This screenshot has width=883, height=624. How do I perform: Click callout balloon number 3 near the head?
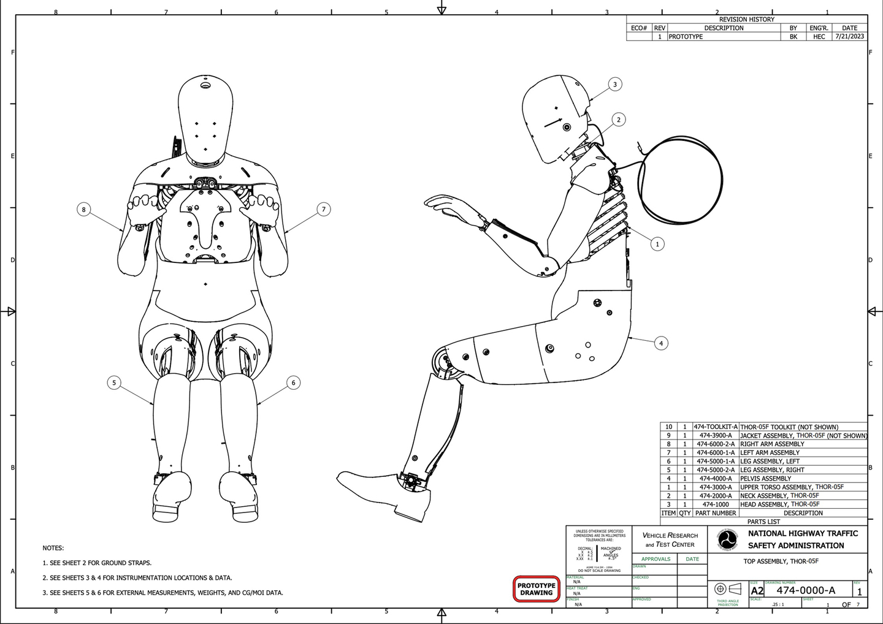[x=615, y=85]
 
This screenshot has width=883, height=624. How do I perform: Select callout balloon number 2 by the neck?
[x=619, y=120]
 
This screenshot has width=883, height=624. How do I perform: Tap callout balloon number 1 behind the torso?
[x=657, y=244]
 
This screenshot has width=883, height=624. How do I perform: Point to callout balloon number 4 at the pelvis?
[x=661, y=343]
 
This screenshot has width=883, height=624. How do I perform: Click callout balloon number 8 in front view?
[x=84, y=210]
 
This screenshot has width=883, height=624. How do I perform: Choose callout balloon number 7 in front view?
[x=324, y=210]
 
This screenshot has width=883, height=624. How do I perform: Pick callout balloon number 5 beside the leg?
[x=114, y=383]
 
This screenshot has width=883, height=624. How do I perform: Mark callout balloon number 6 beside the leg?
[x=293, y=383]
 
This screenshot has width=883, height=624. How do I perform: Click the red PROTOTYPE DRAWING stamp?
[x=537, y=589]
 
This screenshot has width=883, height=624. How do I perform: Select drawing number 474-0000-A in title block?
[x=806, y=590]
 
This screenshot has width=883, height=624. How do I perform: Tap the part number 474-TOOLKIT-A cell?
[x=716, y=427]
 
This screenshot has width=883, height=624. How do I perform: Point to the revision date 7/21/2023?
[x=849, y=37]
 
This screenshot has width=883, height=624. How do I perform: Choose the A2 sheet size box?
[x=757, y=591]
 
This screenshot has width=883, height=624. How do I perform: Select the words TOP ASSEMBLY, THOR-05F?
[x=781, y=561]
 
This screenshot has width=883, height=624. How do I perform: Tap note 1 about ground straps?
[x=97, y=563]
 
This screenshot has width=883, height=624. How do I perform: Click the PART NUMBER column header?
[x=716, y=513]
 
